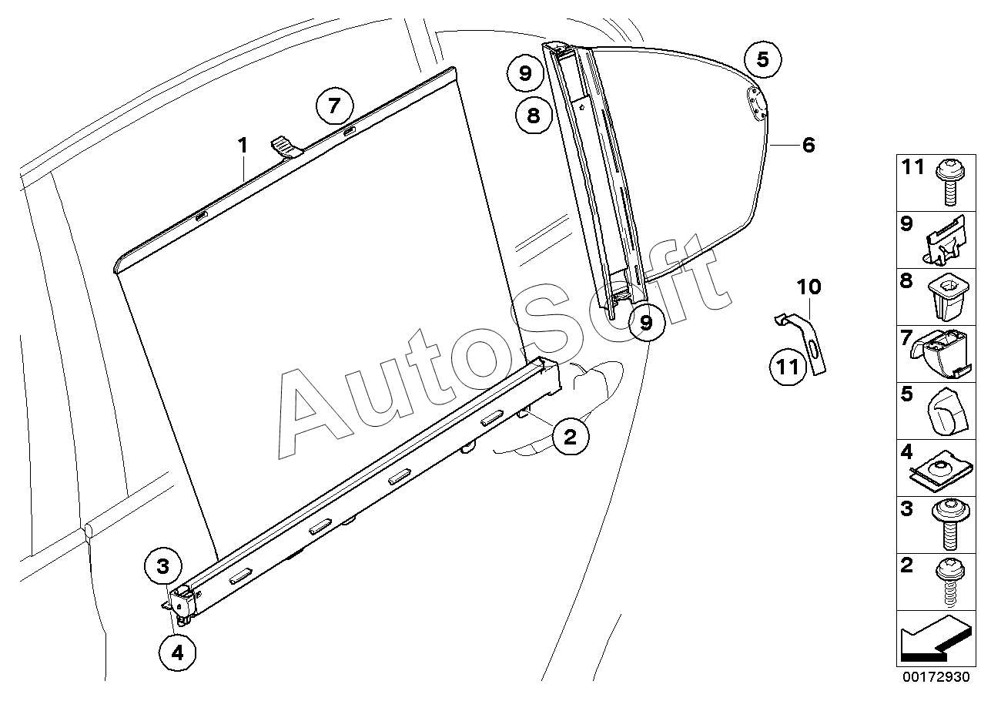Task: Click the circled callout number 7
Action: [x=334, y=106]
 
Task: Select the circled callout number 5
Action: [x=763, y=59]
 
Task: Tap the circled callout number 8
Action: [x=534, y=116]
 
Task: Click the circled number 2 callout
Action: [x=571, y=437]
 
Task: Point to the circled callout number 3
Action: [x=162, y=566]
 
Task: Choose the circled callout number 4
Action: [x=177, y=652]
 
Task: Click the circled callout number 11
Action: [x=788, y=367]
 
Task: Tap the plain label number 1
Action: [x=243, y=146]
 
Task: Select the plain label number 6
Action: [x=809, y=145]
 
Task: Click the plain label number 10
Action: [x=809, y=287]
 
